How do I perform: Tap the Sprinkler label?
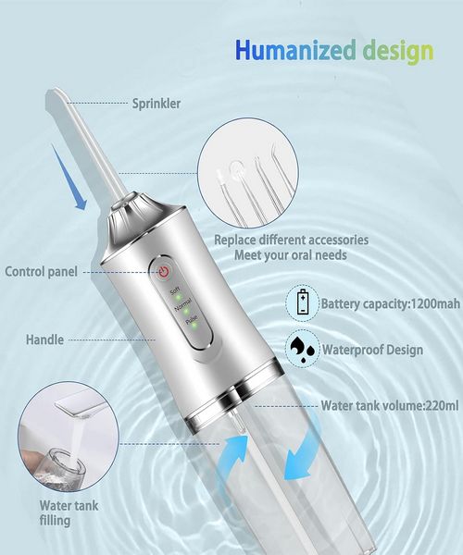click(156, 103)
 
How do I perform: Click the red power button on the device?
click(164, 271)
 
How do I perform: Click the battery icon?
click(305, 302)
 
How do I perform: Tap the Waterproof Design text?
click(372, 350)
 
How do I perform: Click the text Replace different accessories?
click(292, 240)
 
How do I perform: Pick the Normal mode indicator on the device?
click(182, 305)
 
